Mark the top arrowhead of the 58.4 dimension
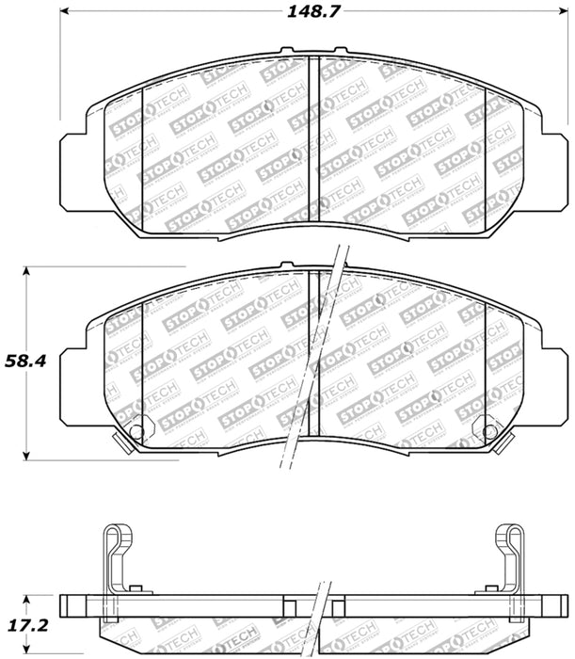pos(27,273)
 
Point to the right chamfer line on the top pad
pos(485,151)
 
